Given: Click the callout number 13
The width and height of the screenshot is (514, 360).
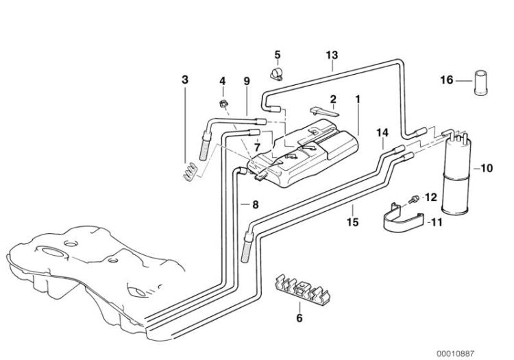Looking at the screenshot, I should (332, 54).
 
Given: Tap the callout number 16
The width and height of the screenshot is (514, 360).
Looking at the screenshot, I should (446, 80).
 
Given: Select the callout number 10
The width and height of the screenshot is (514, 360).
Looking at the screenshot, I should (487, 167).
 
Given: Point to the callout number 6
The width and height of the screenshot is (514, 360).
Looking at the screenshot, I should (299, 317).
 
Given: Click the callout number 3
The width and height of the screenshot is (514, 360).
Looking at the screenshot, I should (184, 80).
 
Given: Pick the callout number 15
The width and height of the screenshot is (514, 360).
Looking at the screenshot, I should (352, 222).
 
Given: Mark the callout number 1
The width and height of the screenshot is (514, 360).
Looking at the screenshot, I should (357, 99).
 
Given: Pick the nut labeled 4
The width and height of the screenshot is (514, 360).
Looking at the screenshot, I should (223, 104).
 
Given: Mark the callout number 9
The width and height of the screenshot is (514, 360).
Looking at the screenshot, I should (246, 81).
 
